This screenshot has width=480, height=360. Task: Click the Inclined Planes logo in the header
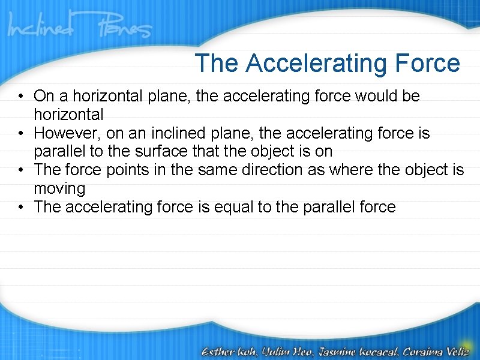point(79,27)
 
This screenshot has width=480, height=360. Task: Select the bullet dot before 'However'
point(21,133)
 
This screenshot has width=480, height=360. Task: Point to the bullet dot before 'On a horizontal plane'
point(21,96)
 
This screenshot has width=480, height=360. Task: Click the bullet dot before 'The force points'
point(21,170)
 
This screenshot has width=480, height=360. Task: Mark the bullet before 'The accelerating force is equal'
point(21,208)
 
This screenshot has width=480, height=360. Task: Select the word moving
point(59,189)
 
